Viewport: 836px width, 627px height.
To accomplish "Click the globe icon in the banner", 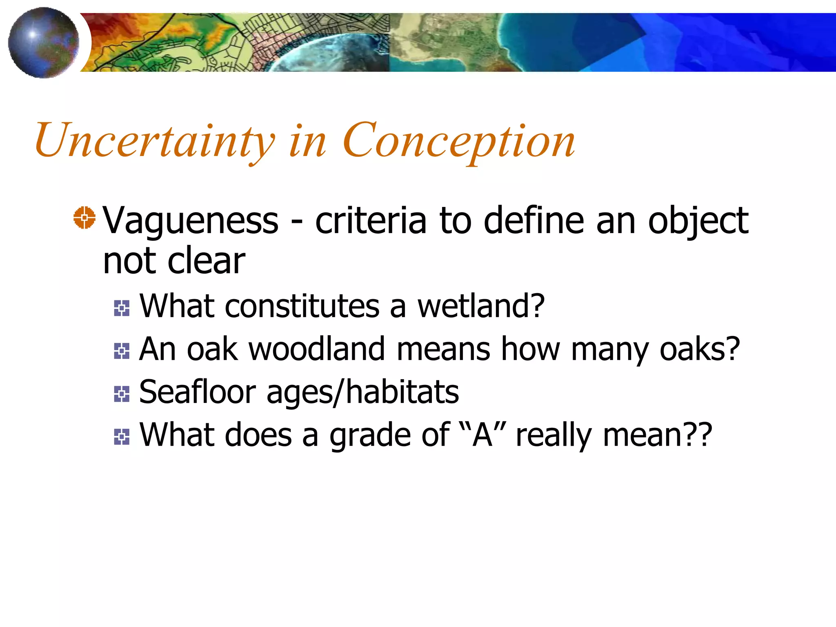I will tap(43, 42).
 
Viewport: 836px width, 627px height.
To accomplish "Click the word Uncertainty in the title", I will tap(155, 141).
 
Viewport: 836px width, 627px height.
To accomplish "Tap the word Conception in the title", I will tap(459, 141).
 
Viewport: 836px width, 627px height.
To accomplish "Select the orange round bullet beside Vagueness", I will tap(84, 218).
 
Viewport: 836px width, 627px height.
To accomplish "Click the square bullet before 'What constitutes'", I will tap(122, 308).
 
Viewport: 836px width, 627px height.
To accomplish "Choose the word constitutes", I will tap(302, 306).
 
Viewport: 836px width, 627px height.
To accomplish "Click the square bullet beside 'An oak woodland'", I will tap(122, 351).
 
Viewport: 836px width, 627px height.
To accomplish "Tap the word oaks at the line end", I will tap(700, 350).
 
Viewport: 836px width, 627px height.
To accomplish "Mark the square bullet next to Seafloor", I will tap(122, 394).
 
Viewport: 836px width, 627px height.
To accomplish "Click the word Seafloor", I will tap(198, 392).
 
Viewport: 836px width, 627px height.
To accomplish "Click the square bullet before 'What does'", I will tap(122, 437).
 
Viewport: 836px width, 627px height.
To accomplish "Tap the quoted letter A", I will tap(482, 435).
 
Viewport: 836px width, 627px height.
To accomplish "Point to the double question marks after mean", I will tap(699, 435).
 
